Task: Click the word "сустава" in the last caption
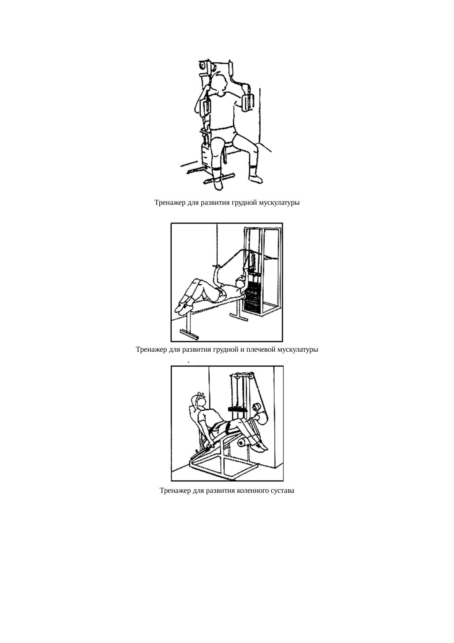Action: [282, 491]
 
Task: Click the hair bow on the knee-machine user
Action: [198, 396]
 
